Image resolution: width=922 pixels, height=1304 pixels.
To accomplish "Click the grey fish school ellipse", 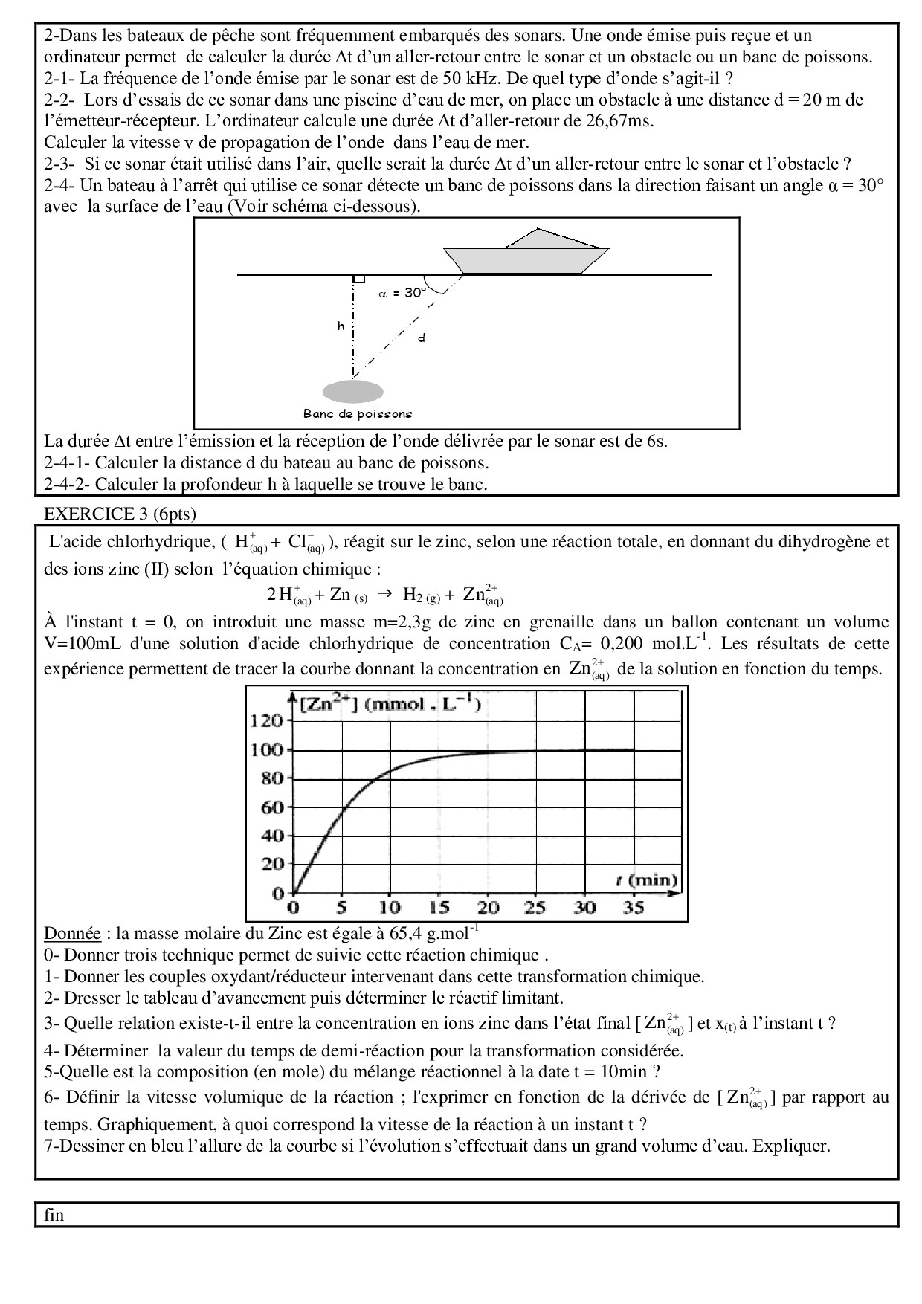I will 353,392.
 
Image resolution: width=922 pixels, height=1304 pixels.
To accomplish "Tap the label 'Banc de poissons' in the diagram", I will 357,413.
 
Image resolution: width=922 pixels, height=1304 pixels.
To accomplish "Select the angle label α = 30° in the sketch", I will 402,293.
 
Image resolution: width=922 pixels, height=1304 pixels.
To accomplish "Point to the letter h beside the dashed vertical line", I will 341,326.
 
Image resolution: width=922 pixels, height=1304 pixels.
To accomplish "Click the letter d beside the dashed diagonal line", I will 421,338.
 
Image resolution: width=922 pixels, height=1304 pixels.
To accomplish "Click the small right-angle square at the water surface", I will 358,278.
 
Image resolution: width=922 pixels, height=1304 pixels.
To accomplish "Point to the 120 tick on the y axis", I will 266,720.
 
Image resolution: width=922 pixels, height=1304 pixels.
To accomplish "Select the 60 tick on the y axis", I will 272,807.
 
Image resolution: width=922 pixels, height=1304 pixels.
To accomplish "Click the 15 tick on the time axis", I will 439,907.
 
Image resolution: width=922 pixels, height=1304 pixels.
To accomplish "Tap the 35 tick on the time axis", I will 633,907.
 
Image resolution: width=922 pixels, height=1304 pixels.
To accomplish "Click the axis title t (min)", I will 646,879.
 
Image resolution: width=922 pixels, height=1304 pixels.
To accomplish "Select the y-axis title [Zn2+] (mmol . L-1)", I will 390,703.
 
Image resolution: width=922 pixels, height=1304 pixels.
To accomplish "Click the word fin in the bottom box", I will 54,1215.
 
